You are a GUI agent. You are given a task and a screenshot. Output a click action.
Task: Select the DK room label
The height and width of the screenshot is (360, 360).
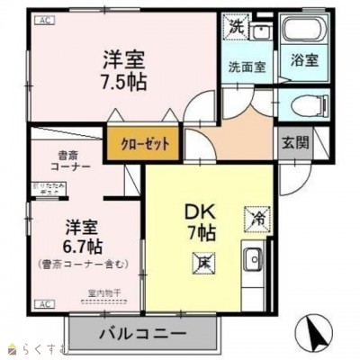coord(199,212)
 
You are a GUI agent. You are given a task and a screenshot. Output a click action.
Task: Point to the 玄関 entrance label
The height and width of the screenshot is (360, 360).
coord(293,142)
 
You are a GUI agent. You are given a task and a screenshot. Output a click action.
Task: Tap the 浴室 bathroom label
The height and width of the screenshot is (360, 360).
coord(302,61)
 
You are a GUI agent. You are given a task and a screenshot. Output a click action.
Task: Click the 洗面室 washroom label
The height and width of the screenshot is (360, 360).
coord(245,66)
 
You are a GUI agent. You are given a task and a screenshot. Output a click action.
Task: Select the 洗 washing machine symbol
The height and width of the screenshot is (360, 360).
coord(235,27)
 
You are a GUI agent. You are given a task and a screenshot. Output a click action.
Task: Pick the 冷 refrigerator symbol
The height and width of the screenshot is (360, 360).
coord(256,218)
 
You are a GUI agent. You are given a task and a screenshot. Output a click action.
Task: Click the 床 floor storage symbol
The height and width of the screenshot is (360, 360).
coord(204,262)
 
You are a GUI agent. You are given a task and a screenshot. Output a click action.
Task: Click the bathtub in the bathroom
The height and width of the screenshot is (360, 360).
coord(304,31)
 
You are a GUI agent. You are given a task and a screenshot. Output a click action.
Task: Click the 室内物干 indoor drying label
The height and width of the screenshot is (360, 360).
coord(104,293)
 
